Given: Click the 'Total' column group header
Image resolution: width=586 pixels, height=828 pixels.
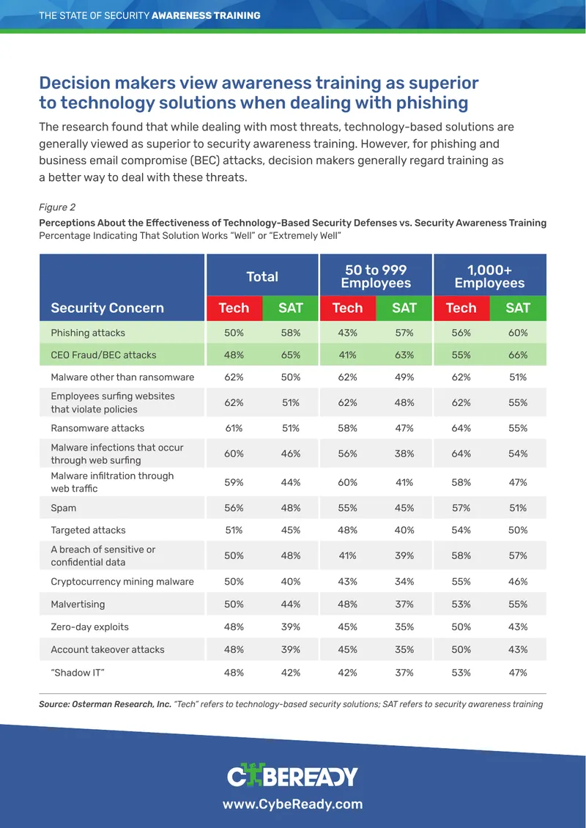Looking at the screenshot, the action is (262, 276).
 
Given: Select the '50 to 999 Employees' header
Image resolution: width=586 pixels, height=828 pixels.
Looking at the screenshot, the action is (376, 276).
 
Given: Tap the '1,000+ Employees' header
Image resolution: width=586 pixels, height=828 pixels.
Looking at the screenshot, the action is (489, 276).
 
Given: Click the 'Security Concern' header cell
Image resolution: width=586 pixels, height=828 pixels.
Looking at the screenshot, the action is (107, 308).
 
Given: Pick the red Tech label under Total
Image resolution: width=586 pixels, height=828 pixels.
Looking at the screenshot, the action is (234, 308).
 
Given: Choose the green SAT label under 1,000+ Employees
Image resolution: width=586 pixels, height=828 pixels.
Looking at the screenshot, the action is (518, 308).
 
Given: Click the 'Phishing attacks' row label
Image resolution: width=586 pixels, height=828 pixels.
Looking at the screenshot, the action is (88, 333).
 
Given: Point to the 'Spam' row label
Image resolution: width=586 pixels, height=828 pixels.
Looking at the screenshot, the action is (63, 508).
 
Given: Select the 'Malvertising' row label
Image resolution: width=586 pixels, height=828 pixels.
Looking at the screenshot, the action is (78, 604).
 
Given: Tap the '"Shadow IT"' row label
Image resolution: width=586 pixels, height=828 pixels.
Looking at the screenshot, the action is (78, 672).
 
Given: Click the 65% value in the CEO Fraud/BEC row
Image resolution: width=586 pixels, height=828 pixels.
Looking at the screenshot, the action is (291, 355).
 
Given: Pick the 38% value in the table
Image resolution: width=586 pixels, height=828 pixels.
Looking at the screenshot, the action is (404, 454).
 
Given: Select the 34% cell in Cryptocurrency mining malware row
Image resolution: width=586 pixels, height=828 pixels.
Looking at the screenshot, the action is (404, 581).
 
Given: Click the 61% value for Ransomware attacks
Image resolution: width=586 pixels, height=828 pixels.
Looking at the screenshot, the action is (234, 428).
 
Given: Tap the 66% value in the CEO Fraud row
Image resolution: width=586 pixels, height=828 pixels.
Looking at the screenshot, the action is (518, 355).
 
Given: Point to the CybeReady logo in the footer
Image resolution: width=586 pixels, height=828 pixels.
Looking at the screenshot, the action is (292, 776).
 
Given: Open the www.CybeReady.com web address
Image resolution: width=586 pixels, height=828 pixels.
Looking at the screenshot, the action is (292, 805).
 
